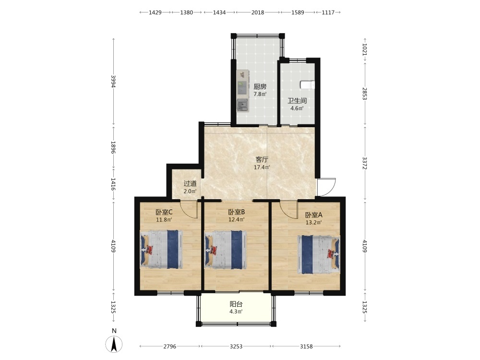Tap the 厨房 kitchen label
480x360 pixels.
260,86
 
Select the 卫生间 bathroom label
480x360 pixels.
297,101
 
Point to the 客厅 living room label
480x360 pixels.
262,160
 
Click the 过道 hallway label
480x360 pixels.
190,184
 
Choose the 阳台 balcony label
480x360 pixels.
236,304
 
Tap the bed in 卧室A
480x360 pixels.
319,254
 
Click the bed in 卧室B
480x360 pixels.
226,250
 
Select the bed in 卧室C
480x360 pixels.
161,250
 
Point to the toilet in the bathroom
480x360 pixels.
308,84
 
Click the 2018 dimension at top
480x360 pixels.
258,12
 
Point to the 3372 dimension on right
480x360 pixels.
365,163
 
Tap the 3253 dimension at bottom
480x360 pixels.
236,347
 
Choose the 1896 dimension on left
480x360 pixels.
113,147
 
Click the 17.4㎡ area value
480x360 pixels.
262,168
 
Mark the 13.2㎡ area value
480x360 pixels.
313,223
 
